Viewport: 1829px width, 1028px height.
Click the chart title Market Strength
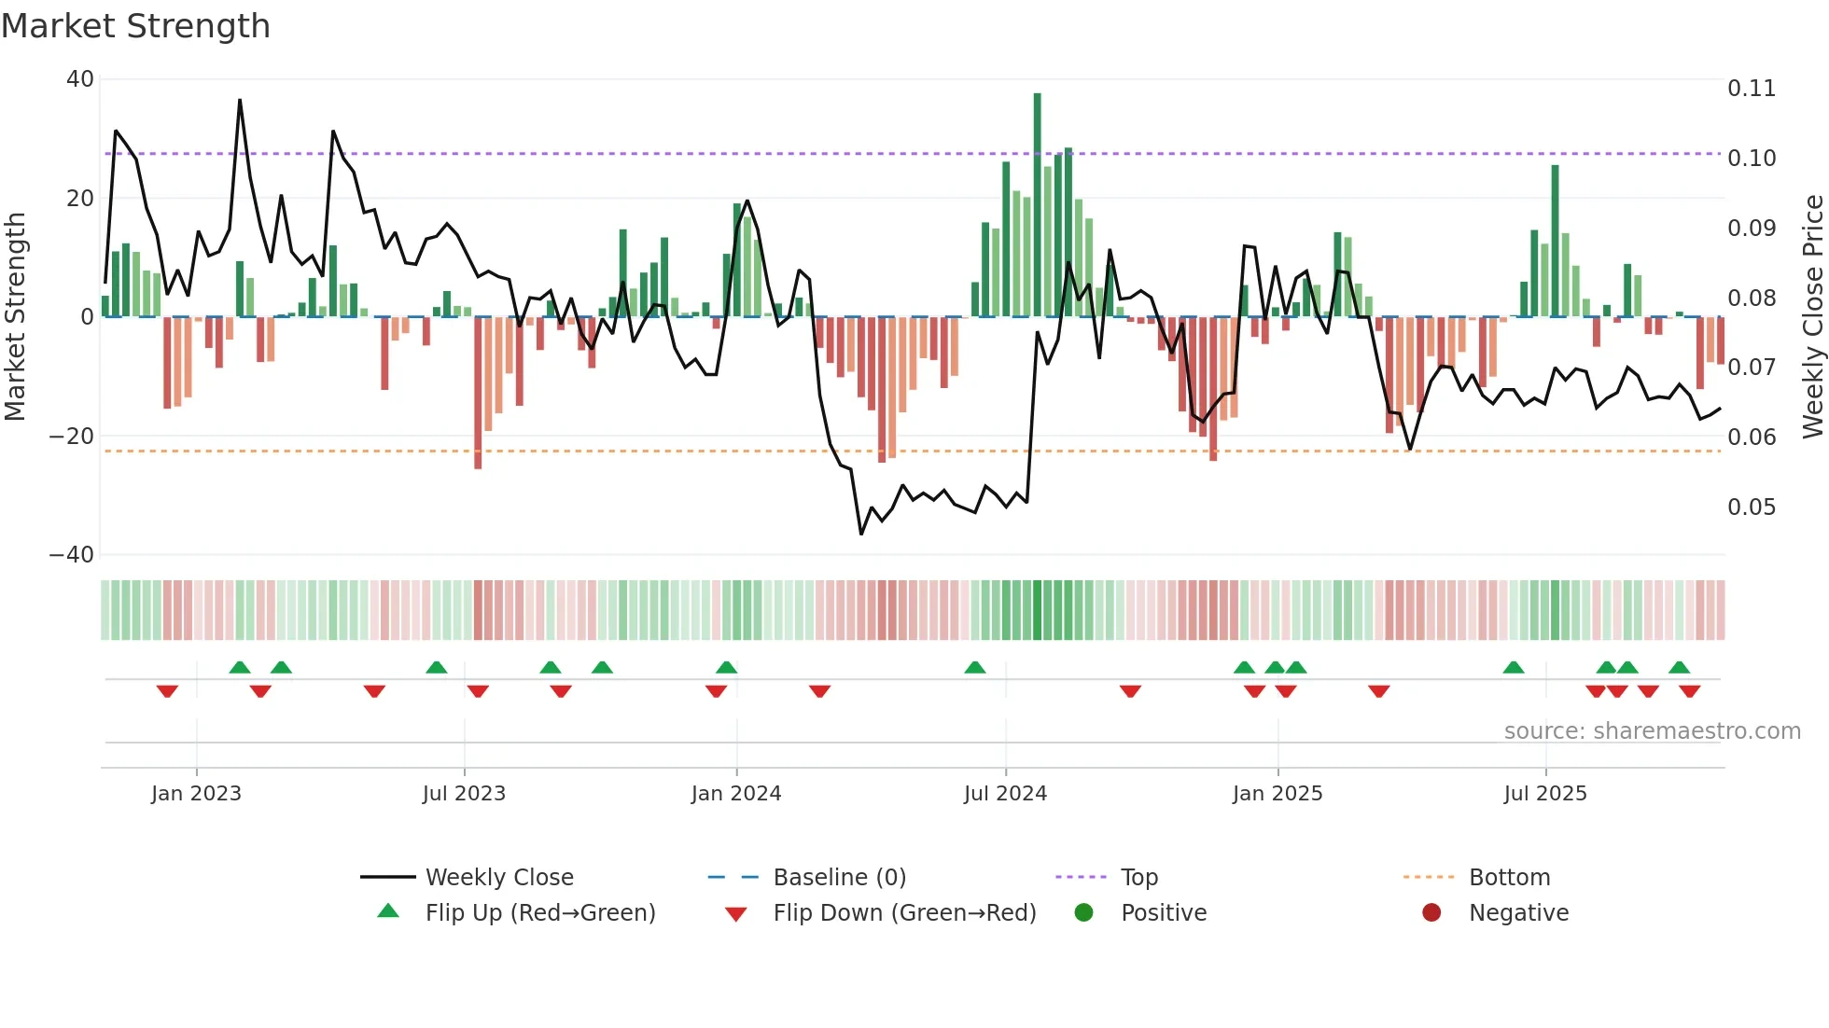click(x=135, y=26)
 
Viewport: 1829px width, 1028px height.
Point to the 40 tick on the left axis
click(x=80, y=79)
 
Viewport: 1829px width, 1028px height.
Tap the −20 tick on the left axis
click(x=72, y=437)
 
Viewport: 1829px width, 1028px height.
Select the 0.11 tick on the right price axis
click(x=1751, y=89)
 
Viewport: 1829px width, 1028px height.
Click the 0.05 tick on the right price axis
click(x=1751, y=507)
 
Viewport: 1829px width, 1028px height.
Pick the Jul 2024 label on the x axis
click(x=1005, y=794)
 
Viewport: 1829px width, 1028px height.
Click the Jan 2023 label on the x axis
click(x=196, y=794)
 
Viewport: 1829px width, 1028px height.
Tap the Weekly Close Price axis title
click(x=1812, y=317)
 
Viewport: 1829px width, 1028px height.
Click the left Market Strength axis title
click(x=16, y=317)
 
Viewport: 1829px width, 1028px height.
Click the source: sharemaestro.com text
click(x=1652, y=731)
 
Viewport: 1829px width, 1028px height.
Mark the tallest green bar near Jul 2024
click(x=1037, y=205)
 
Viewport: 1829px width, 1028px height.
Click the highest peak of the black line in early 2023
click(x=240, y=100)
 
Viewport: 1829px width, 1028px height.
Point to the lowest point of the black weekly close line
click(x=861, y=534)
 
